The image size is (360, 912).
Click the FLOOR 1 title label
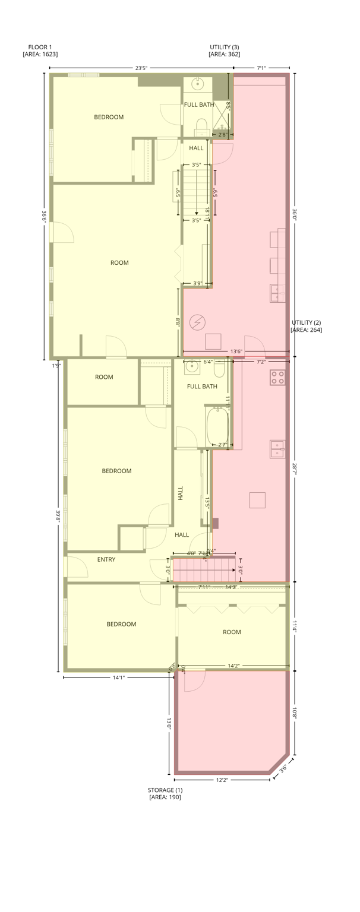tap(40, 50)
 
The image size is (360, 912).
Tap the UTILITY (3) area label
tap(225, 50)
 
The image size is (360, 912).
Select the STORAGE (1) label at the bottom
tap(165, 793)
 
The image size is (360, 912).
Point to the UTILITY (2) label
tap(306, 326)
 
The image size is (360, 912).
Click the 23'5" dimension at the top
tap(141, 68)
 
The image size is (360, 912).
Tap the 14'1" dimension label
tap(119, 677)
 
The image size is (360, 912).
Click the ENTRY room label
tap(106, 559)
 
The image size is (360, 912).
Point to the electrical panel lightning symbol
tap(197, 322)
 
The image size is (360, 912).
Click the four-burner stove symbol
tap(277, 377)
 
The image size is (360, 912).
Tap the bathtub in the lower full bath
tap(217, 425)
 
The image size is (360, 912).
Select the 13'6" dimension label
tap(236, 351)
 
